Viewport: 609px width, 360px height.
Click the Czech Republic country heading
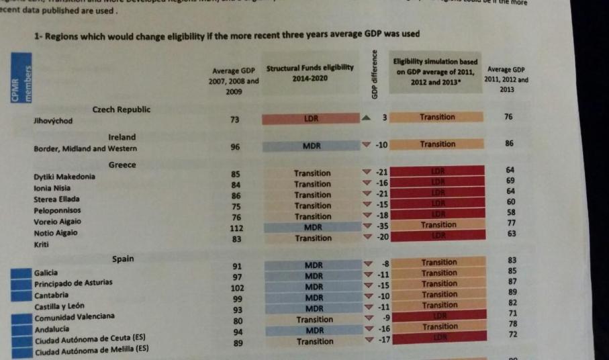point(122,109)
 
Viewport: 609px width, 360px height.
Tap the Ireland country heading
point(122,137)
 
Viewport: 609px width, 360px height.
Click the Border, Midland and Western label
point(85,149)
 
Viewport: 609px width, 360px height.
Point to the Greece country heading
point(122,165)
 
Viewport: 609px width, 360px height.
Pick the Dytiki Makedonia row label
point(64,177)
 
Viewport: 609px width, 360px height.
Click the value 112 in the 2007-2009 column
point(236,228)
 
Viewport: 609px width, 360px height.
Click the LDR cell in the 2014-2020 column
point(312,118)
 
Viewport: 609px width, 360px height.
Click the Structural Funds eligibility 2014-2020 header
point(310,74)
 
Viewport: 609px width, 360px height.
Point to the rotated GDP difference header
point(375,75)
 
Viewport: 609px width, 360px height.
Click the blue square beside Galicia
point(21,273)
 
